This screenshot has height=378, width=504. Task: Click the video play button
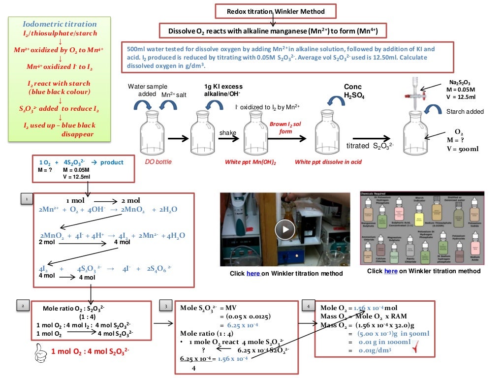(x=284, y=229)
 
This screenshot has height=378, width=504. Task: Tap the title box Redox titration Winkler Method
(x=270, y=11)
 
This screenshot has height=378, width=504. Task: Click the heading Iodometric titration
(x=60, y=24)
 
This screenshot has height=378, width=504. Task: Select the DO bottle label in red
(x=158, y=162)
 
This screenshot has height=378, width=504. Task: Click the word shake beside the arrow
(x=228, y=132)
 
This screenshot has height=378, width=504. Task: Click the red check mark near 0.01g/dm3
(x=422, y=349)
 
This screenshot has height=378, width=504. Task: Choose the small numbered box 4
(x=308, y=306)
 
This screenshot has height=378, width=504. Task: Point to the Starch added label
(x=465, y=112)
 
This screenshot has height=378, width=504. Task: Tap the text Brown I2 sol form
(x=285, y=128)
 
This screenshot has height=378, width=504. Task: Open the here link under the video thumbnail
(x=253, y=274)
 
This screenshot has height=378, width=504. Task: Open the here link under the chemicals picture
(x=391, y=271)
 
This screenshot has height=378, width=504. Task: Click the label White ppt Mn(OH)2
(x=251, y=162)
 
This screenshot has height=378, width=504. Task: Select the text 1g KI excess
(x=223, y=87)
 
